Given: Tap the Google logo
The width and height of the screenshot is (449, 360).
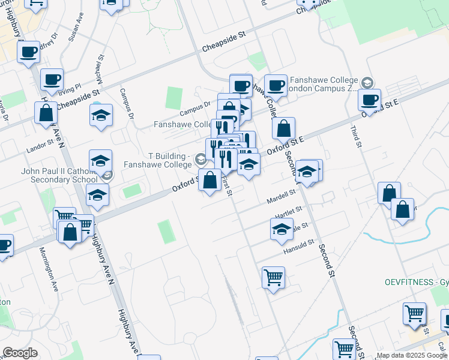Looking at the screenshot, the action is [20, 353].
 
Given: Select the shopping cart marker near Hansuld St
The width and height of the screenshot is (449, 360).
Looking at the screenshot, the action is [273, 278].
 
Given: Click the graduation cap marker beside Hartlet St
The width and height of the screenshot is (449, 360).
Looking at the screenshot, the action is [280, 229].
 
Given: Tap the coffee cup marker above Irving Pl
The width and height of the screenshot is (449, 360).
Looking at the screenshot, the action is [52, 79].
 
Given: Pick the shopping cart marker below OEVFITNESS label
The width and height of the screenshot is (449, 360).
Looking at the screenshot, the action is [415, 313].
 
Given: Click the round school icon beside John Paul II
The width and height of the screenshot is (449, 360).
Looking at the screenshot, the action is [107, 175].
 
